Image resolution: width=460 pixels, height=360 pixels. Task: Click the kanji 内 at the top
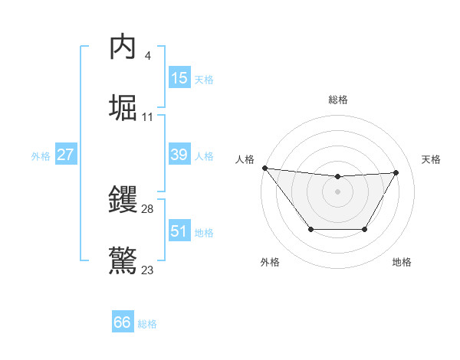[124, 48]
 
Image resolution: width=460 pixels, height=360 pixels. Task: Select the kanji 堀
[124, 106]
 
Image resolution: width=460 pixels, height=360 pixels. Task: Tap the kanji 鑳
[124, 201]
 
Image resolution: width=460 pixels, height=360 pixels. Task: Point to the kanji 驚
[124, 260]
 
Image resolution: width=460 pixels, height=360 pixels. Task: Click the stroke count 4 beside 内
[147, 55]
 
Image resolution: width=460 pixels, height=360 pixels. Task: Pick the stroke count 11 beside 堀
[148, 116]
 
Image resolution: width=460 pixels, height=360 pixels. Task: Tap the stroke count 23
[148, 270]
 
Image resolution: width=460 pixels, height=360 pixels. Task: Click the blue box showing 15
[179, 78]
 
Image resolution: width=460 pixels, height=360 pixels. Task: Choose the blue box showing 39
[179, 155]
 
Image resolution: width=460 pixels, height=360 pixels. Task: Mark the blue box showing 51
[179, 231]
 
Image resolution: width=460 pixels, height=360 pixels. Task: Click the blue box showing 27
[65, 155]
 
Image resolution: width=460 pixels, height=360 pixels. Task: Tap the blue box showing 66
[123, 322]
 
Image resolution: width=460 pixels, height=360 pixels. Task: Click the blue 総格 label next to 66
[147, 324]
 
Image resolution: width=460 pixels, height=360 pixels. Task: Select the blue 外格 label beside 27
[41, 156]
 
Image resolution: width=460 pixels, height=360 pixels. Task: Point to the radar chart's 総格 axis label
[338, 100]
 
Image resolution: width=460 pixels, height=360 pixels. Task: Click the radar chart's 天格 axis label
[432, 159]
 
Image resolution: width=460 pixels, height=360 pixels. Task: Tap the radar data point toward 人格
[264, 167]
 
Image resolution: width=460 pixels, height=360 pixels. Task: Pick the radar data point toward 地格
[365, 229]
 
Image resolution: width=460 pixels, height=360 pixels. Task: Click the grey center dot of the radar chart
[337, 191]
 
